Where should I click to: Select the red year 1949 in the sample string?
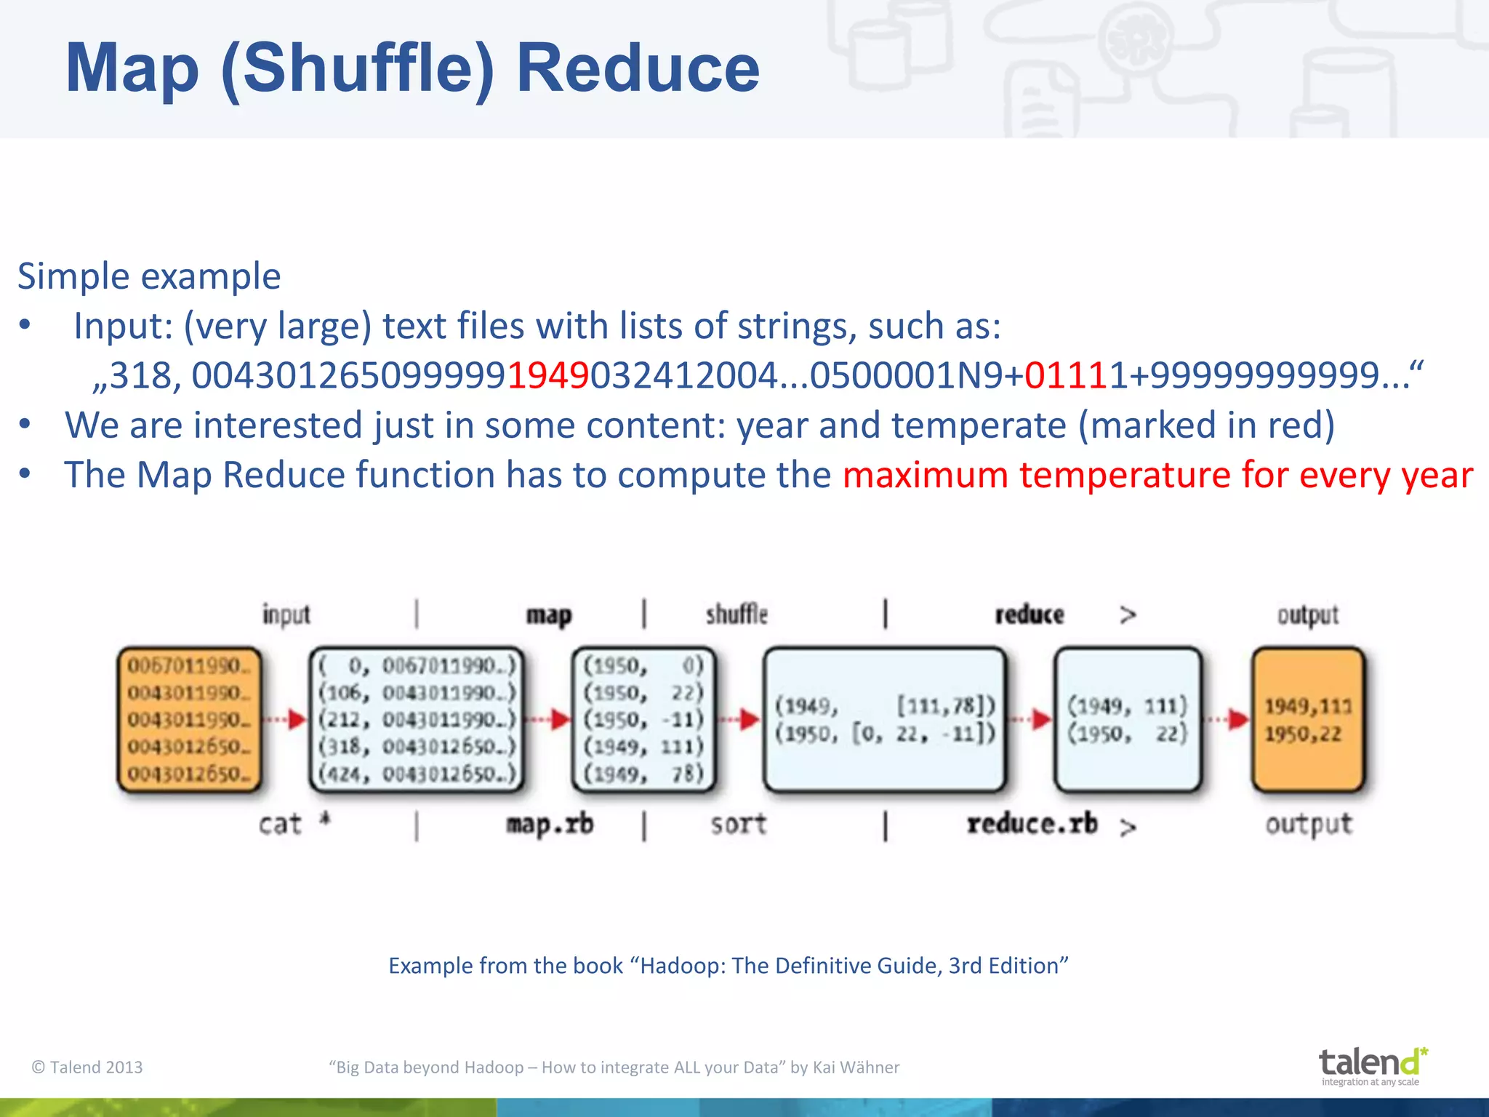coord(547,376)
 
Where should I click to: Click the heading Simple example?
coord(149,276)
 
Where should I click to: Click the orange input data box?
coord(189,719)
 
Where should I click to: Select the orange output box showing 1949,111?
coord(1308,719)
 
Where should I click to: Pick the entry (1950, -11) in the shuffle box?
coord(643,719)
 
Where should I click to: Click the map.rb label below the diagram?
coord(550,825)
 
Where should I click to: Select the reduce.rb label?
coord(1032,825)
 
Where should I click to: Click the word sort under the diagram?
coord(738,825)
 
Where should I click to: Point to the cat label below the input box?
coord(281,825)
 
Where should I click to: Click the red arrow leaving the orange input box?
coord(285,720)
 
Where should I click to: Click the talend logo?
coord(1371,1065)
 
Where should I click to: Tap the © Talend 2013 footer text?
coord(87,1067)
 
